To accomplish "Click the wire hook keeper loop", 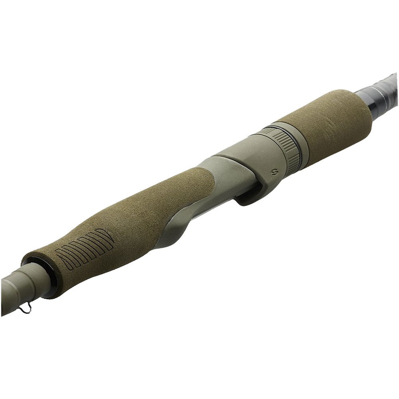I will (x=25, y=308).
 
